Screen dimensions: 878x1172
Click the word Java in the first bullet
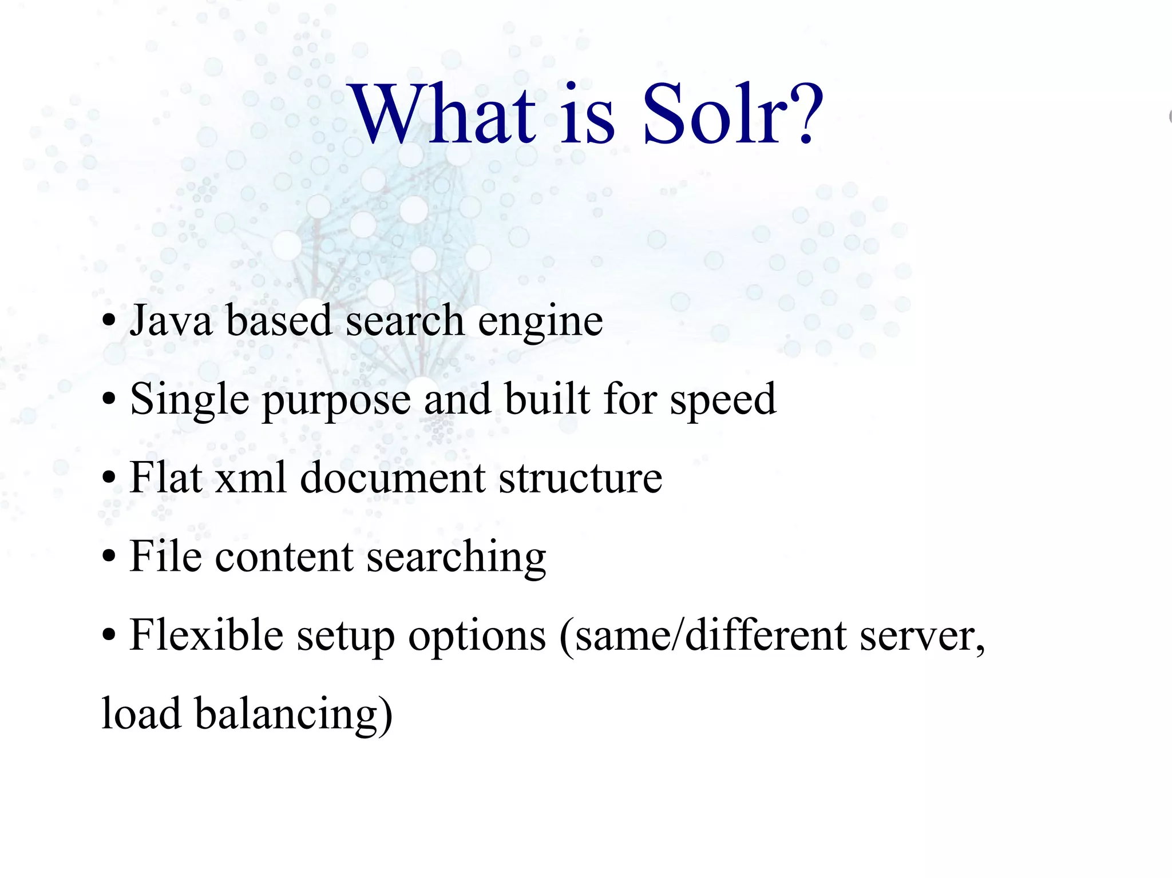click(171, 320)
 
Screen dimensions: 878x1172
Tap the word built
click(547, 399)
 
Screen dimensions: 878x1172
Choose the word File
click(165, 556)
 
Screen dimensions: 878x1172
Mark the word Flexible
click(206, 635)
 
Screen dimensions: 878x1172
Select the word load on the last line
click(141, 714)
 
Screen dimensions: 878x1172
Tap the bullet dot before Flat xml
click(109, 479)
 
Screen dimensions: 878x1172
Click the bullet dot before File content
click(109, 558)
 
